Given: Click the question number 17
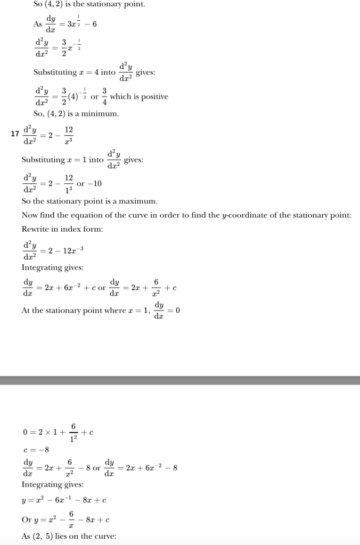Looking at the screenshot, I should tap(15, 134).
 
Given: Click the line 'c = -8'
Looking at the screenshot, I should tap(36, 450).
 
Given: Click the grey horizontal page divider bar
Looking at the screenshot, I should tap(180, 380).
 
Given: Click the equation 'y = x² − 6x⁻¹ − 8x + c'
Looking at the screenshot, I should tap(64, 500).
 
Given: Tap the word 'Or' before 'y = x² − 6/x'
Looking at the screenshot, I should tap(27, 519).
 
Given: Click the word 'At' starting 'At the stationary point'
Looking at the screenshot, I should tap(27, 311).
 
